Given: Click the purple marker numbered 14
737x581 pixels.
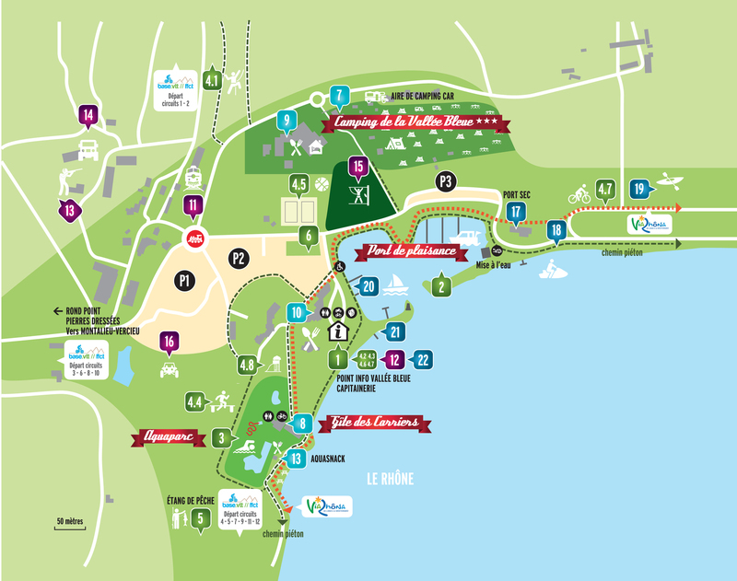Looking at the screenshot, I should pyautogui.click(x=88, y=115).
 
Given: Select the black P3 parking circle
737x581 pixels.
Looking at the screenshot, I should pyautogui.click(x=447, y=180).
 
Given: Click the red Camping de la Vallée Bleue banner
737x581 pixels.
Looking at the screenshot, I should pyautogui.click(x=410, y=122).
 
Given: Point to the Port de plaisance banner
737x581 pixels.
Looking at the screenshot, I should pyautogui.click(x=412, y=250).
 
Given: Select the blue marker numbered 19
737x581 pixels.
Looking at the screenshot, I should pyautogui.click(x=638, y=190).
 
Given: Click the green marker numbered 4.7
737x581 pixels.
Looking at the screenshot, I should pyautogui.click(x=605, y=190).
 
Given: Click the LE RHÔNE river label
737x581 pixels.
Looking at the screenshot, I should pyautogui.click(x=390, y=478).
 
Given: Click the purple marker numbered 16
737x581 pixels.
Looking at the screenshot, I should pyautogui.click(x=169, y=342).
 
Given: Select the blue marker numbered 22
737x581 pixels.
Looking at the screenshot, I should pyautogui.click(x=423, y=360).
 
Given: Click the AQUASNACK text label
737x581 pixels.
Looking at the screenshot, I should pyautogui.click(x=326, y=458).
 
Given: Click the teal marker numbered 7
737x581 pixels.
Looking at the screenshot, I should pyautogui.click(x=339, y=95).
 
